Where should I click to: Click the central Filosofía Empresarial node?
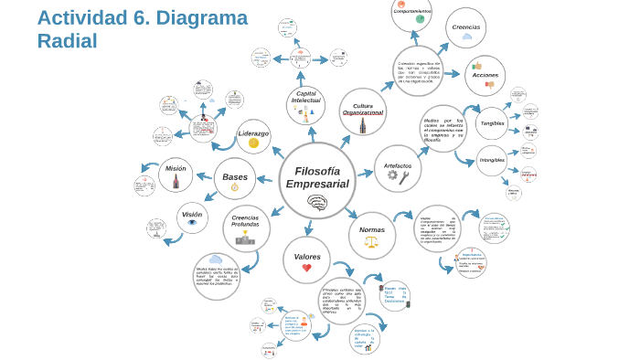[316, 180]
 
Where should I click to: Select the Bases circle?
[235, 178]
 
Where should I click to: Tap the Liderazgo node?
[253, 136]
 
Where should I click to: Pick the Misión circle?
[176, 174]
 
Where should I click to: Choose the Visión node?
[192, 217]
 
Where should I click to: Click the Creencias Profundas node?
[246, 228]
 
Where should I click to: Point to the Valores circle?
[306, 260]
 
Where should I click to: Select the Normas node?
[371, 235]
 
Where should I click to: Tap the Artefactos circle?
[398, 168]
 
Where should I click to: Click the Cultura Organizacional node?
[363, 111]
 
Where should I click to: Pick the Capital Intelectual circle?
[306, 104]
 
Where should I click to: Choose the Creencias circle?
[465, 28]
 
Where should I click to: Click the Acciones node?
[485, 76]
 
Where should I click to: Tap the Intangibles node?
[492, 161]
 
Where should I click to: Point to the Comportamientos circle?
[412, 12]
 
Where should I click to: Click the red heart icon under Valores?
[306, 268]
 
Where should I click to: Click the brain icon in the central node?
[317, 202]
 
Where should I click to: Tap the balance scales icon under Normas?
[371, 243]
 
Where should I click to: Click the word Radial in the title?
[67, 41]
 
